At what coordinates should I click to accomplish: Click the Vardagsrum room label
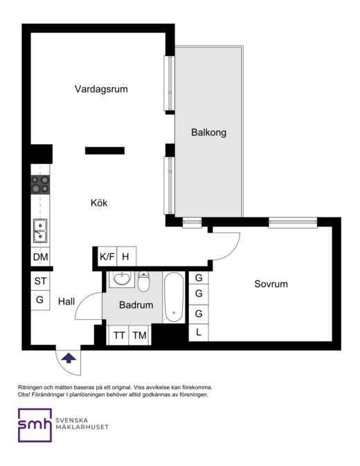(x=101, y=89)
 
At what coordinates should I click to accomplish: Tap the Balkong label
(x=208, y=132)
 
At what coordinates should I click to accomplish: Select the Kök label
(x=99, y=203)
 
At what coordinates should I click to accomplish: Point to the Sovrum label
(x=271, y=284)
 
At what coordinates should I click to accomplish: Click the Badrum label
(x=136, y=305)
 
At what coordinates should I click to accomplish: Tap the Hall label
(x=66, y=301)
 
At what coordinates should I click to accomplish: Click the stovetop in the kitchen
(x=40, y=185)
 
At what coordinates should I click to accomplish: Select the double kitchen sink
(x=40, y=231)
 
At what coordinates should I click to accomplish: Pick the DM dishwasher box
(x=40, y=256)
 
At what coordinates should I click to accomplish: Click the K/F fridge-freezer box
(x=107, y=256)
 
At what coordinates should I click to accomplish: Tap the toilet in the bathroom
(x=143, y=281)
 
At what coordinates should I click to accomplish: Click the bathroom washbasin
(x=121, y=279)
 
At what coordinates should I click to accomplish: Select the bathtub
(x=174, y=297)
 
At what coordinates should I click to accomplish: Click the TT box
(x=119, y=335)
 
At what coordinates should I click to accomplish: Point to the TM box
(x=139, y=335)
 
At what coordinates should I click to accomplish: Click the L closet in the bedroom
(x=199, y=332)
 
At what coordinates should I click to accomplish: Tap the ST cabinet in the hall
(x=40, y=281)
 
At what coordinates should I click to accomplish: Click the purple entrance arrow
(x=69, y=358)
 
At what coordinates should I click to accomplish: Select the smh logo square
(x=35, y=425)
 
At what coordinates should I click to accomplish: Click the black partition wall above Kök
(x=105, y=151)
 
